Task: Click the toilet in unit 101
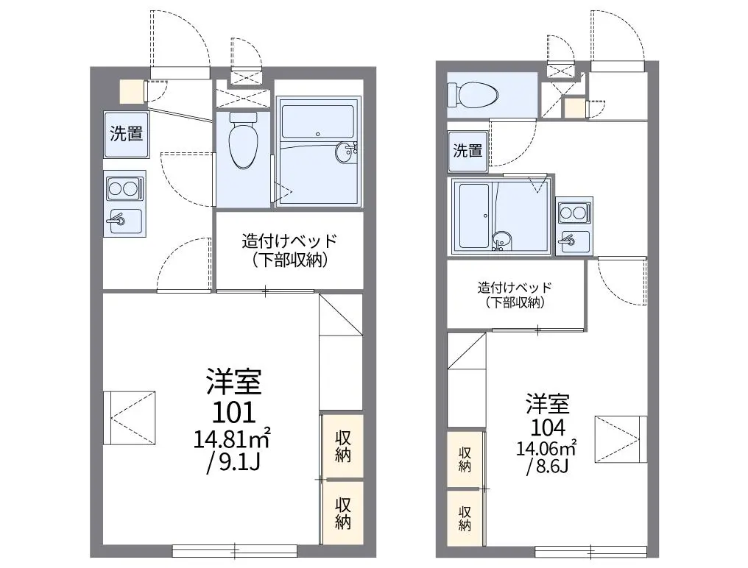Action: (243, 140)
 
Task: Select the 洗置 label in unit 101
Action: (127, 133)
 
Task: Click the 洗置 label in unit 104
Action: (467, 151)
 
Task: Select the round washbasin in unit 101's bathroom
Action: (345, 152)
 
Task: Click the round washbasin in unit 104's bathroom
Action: (501, 239)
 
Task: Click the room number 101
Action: (234, 413)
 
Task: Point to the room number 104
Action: (548, 427)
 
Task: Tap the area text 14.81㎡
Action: (232, 439)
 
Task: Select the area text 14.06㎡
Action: (546, 448)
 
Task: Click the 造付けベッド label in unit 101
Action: (289, 241)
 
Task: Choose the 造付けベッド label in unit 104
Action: (515, 288)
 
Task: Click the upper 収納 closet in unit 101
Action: (342, 447)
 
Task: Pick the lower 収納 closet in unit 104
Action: (465, 519)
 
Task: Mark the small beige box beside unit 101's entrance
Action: (130, 91)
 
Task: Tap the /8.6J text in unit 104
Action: (547, 467)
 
